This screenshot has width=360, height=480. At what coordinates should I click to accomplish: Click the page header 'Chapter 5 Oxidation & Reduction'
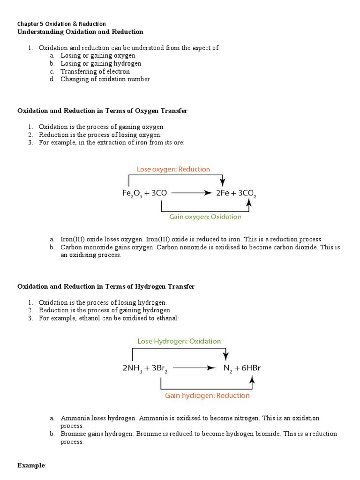[61, 23]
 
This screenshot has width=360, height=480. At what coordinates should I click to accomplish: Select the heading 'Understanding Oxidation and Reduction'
[80, 32]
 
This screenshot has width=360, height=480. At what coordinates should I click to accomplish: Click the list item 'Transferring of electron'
[95, 71]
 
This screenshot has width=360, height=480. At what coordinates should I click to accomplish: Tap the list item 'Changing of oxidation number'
[105, 79]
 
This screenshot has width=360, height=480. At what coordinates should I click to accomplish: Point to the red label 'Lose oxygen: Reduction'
[173, 169]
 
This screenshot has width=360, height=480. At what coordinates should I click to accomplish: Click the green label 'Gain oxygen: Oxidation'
[205, 217]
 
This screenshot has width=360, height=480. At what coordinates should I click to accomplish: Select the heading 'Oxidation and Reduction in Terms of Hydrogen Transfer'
[106, 286]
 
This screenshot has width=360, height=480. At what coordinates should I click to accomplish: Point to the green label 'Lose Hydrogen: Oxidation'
[179, 341]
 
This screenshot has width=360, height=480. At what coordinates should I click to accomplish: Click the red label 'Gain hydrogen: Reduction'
[207, 395]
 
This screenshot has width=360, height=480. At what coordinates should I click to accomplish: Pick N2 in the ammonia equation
[227, 368]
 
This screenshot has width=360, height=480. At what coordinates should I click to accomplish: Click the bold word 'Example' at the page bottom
[31, 465]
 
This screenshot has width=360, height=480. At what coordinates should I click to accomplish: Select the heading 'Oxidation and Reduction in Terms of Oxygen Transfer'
[102, 111]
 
